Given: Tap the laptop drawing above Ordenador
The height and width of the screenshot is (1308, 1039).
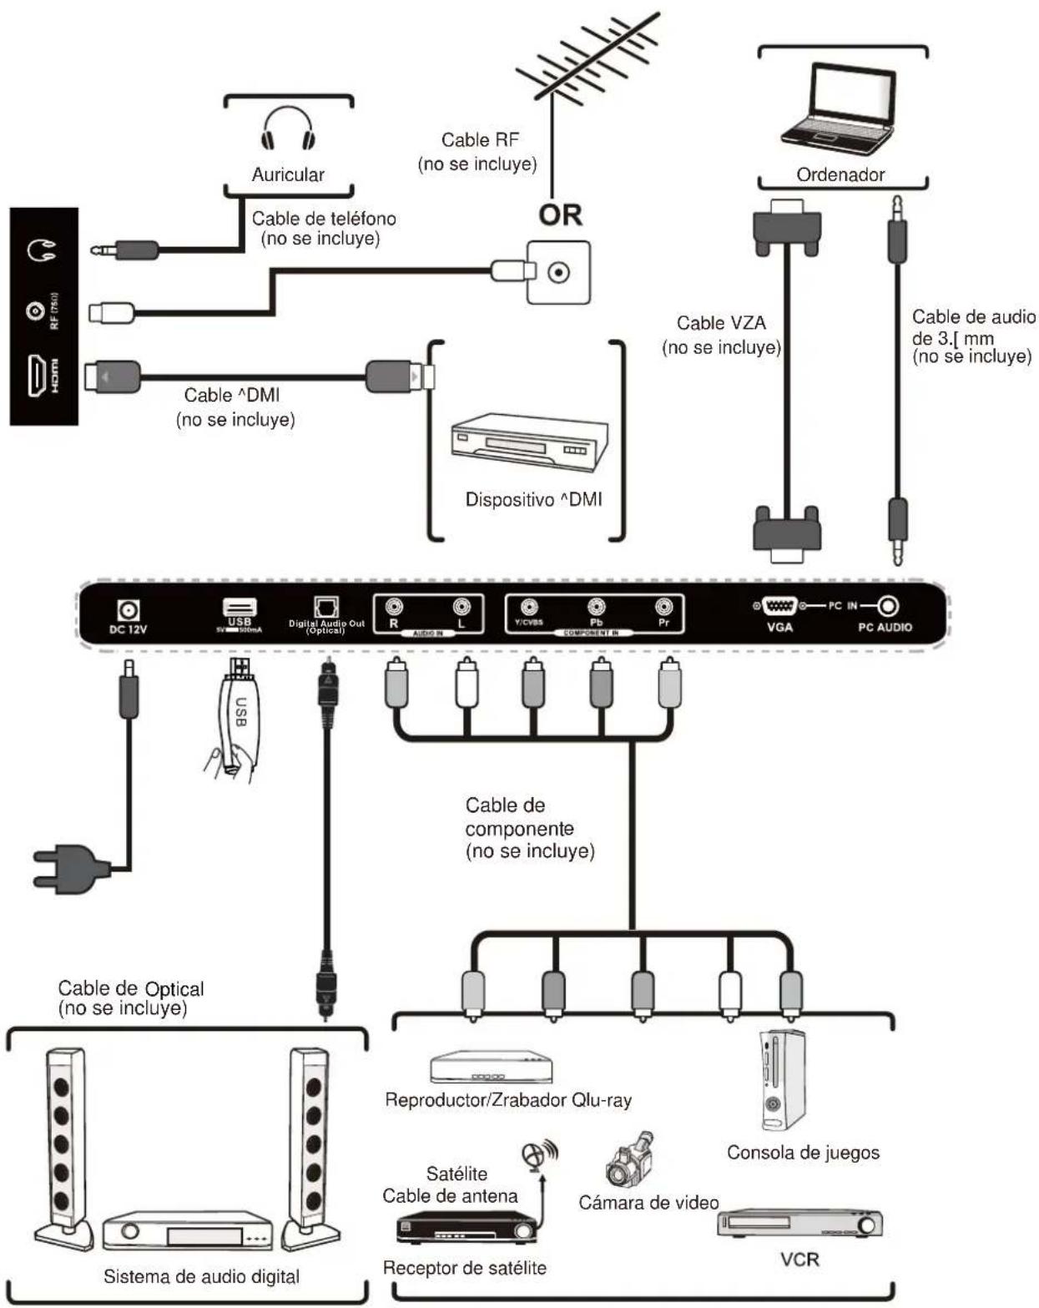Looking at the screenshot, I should click(x=838, y=109).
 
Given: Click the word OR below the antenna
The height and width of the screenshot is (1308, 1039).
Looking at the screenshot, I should click(x=559, y=215).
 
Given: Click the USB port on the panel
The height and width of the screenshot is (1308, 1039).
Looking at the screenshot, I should click(x=239, y=608).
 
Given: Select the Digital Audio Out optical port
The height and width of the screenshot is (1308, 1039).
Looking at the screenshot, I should click(x=325, y=607).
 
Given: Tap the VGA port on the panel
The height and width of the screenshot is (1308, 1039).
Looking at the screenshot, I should click(x=779, y=607).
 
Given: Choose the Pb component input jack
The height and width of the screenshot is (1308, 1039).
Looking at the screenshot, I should click(x=596, y=607).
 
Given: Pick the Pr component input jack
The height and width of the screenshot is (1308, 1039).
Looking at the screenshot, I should click(x=663, y=607).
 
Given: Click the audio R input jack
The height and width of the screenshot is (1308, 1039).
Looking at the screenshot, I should click(x=394, y=607).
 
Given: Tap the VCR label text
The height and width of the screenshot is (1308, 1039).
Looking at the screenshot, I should click(x=799, y=1259).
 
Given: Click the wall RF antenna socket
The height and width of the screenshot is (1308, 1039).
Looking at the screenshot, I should click(x=558, y=272).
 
